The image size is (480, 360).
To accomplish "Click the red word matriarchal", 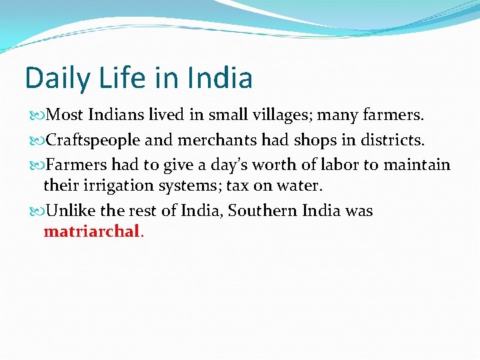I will click(92, 232).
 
